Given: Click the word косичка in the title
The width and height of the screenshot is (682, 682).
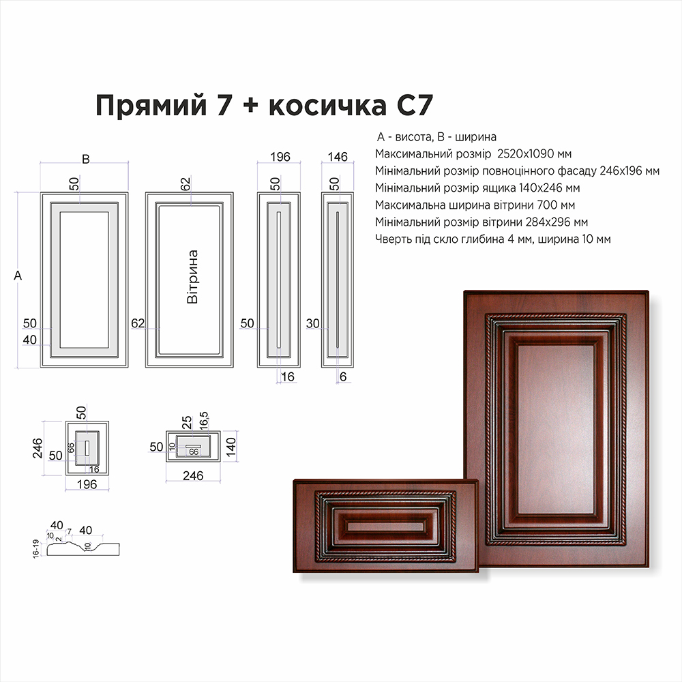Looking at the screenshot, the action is click(x=327, y=105).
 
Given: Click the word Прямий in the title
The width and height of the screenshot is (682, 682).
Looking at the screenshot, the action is click(x=151, y=106).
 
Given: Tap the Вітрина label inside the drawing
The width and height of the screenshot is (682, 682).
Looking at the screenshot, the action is click(x=192, y=277).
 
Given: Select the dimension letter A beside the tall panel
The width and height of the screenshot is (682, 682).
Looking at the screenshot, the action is click(x=18, y=276).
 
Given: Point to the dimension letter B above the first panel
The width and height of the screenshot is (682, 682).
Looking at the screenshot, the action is click(x=86, y=159).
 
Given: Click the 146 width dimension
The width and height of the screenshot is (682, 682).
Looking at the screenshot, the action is click(x=338, y=157).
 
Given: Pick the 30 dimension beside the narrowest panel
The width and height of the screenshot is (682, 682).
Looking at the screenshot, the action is click(x=313, y=323).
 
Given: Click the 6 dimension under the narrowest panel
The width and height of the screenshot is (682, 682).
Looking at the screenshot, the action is click(x=343, y=376).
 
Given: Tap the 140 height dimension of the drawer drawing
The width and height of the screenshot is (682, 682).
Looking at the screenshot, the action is click(x=231, y=447).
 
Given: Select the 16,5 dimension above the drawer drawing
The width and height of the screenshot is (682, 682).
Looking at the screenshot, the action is click(x=204, y=421).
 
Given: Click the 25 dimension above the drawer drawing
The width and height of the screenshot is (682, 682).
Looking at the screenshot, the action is click(x=187, y=422).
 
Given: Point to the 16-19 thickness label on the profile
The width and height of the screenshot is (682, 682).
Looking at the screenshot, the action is click(x=36, y=549).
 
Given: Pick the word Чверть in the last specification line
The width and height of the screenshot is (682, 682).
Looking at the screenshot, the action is click(x=391, y=239).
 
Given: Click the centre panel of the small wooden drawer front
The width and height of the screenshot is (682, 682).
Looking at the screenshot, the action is click(x=385, y=527).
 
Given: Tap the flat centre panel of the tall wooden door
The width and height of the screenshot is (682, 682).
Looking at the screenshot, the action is click(x=556, y=429).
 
